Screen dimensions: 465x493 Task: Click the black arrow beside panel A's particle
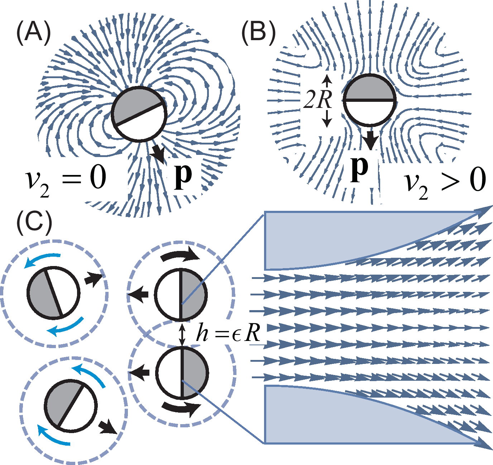click(158, 153)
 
